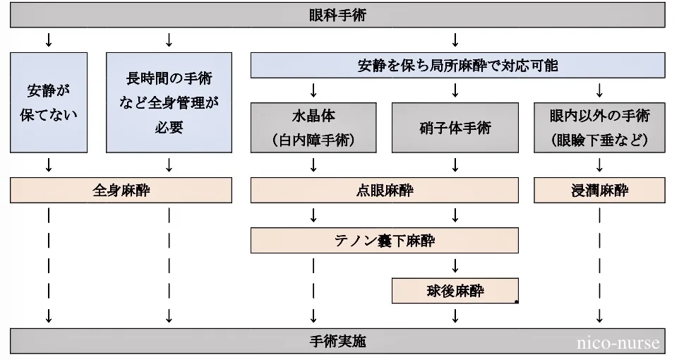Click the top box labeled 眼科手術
click(337, 15)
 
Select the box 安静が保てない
click(49, 102)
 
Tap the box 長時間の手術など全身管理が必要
click(169, 102)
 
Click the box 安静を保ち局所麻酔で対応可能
click(457, 66)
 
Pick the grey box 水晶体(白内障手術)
click(313, 128)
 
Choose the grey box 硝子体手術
click(455, 128)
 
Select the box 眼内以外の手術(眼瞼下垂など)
click(599, 128)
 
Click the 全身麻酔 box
click(121, 191)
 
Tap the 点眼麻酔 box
click(385, 191)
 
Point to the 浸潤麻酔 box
click(599, 191)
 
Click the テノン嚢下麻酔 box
click(385, 241)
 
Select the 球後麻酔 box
click(455, 290)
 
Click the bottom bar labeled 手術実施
click(337, 342)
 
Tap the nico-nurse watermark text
click(618, 344)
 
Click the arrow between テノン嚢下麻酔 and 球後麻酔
click(455, 265)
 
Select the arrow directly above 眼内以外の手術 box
click(599, 90)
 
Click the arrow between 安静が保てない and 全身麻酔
click(49, 165)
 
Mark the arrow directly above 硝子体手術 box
click(455, 90)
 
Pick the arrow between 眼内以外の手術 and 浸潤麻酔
click(599, 165)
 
